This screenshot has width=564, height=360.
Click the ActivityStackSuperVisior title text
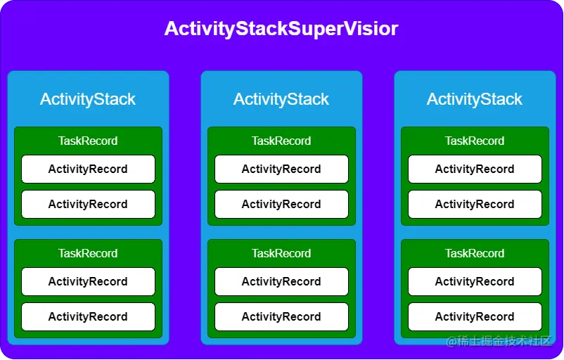click(281, 29)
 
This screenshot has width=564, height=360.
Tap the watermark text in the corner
click(500, 341)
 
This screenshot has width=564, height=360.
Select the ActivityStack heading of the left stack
click(88, 99)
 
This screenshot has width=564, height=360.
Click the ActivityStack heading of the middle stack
click(281, 99)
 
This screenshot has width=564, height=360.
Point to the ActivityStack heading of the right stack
click(475, 99)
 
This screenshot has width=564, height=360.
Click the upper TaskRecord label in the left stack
click(88, 141)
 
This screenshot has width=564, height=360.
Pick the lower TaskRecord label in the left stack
click(88, 253)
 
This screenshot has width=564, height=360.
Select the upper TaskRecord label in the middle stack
click(281, 141)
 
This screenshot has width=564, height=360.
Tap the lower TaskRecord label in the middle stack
click(281, 253)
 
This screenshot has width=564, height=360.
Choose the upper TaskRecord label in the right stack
click(475, 141)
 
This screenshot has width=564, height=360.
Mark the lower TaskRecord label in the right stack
click(475, 253)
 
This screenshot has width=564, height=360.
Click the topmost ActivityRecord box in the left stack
click(88, 169)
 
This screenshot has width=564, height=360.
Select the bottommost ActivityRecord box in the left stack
click(88, 316)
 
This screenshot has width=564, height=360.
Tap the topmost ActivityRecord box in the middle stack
click(281, 169)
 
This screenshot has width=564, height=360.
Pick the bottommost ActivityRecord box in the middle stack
click(281, 316)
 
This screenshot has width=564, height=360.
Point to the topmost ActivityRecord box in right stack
click(475, 169)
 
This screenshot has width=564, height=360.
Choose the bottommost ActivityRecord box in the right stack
click(475, 316)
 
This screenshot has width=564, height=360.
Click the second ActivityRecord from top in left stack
click(88, 204)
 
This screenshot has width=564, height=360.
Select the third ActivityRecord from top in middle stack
click(281, 281)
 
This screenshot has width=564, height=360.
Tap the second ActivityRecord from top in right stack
click(475, 204)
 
